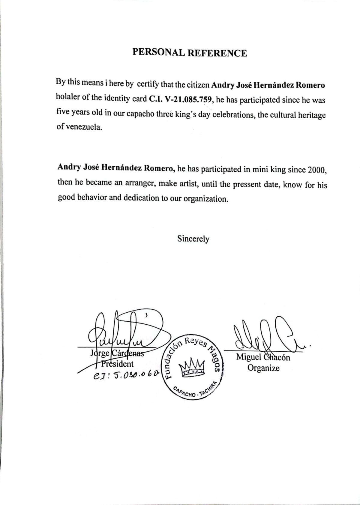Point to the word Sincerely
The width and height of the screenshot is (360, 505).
click(x=193, y=239)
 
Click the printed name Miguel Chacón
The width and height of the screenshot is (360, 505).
click(x=263, y=357)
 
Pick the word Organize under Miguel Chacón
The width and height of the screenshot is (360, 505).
click(x=263, y=368)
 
